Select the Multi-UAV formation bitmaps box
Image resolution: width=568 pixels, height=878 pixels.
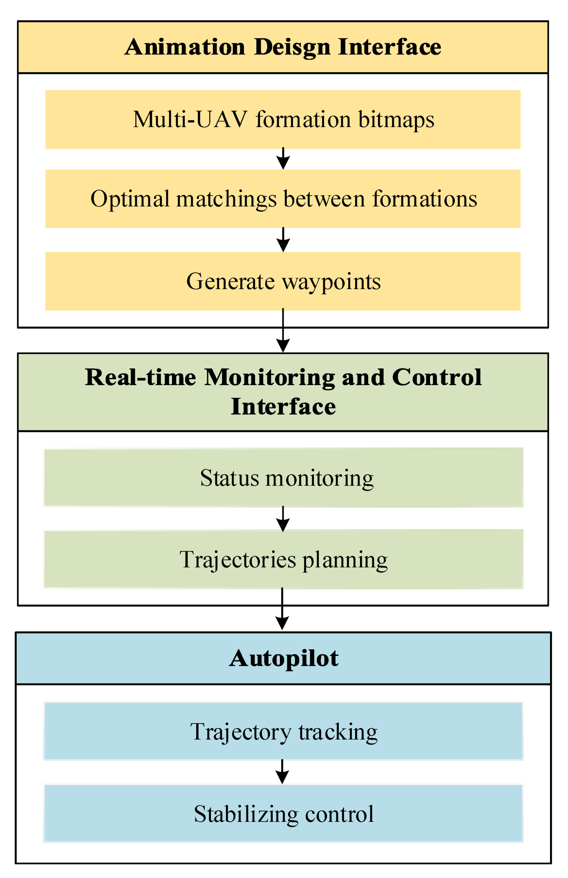(x=283, y=119)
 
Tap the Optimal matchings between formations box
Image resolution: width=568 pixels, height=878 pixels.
(x=283, y=198)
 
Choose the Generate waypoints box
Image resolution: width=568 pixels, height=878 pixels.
(x=283, y=281)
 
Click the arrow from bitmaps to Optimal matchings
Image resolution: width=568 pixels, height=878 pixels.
(x=283, y=159)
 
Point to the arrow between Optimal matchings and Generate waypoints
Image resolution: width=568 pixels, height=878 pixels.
(x=283, y=240)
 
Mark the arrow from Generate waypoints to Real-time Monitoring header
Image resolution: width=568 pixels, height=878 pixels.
(x=283, y=331)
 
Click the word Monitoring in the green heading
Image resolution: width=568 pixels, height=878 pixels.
(x=269, y=377)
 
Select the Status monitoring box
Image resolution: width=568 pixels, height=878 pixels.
(x=283, y=477)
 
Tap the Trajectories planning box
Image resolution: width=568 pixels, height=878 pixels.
(x=283, y=559)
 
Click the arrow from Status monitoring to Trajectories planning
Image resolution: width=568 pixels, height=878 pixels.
(x=283, y=519)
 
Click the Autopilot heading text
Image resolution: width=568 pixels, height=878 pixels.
(x=284, y=658)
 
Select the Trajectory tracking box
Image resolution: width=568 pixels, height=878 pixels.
(x=283, y=731)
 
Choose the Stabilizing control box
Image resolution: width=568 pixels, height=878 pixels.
(x=283, y=813)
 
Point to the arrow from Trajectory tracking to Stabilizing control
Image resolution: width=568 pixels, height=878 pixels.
(x=282, y=771)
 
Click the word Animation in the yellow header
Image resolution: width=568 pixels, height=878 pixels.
(x=185, y=47)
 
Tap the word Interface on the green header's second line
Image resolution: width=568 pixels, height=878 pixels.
(x=283, y=407)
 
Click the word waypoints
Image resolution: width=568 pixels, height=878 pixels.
(x=331, y=282)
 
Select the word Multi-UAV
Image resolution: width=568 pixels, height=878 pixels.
(x=190, y=119)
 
